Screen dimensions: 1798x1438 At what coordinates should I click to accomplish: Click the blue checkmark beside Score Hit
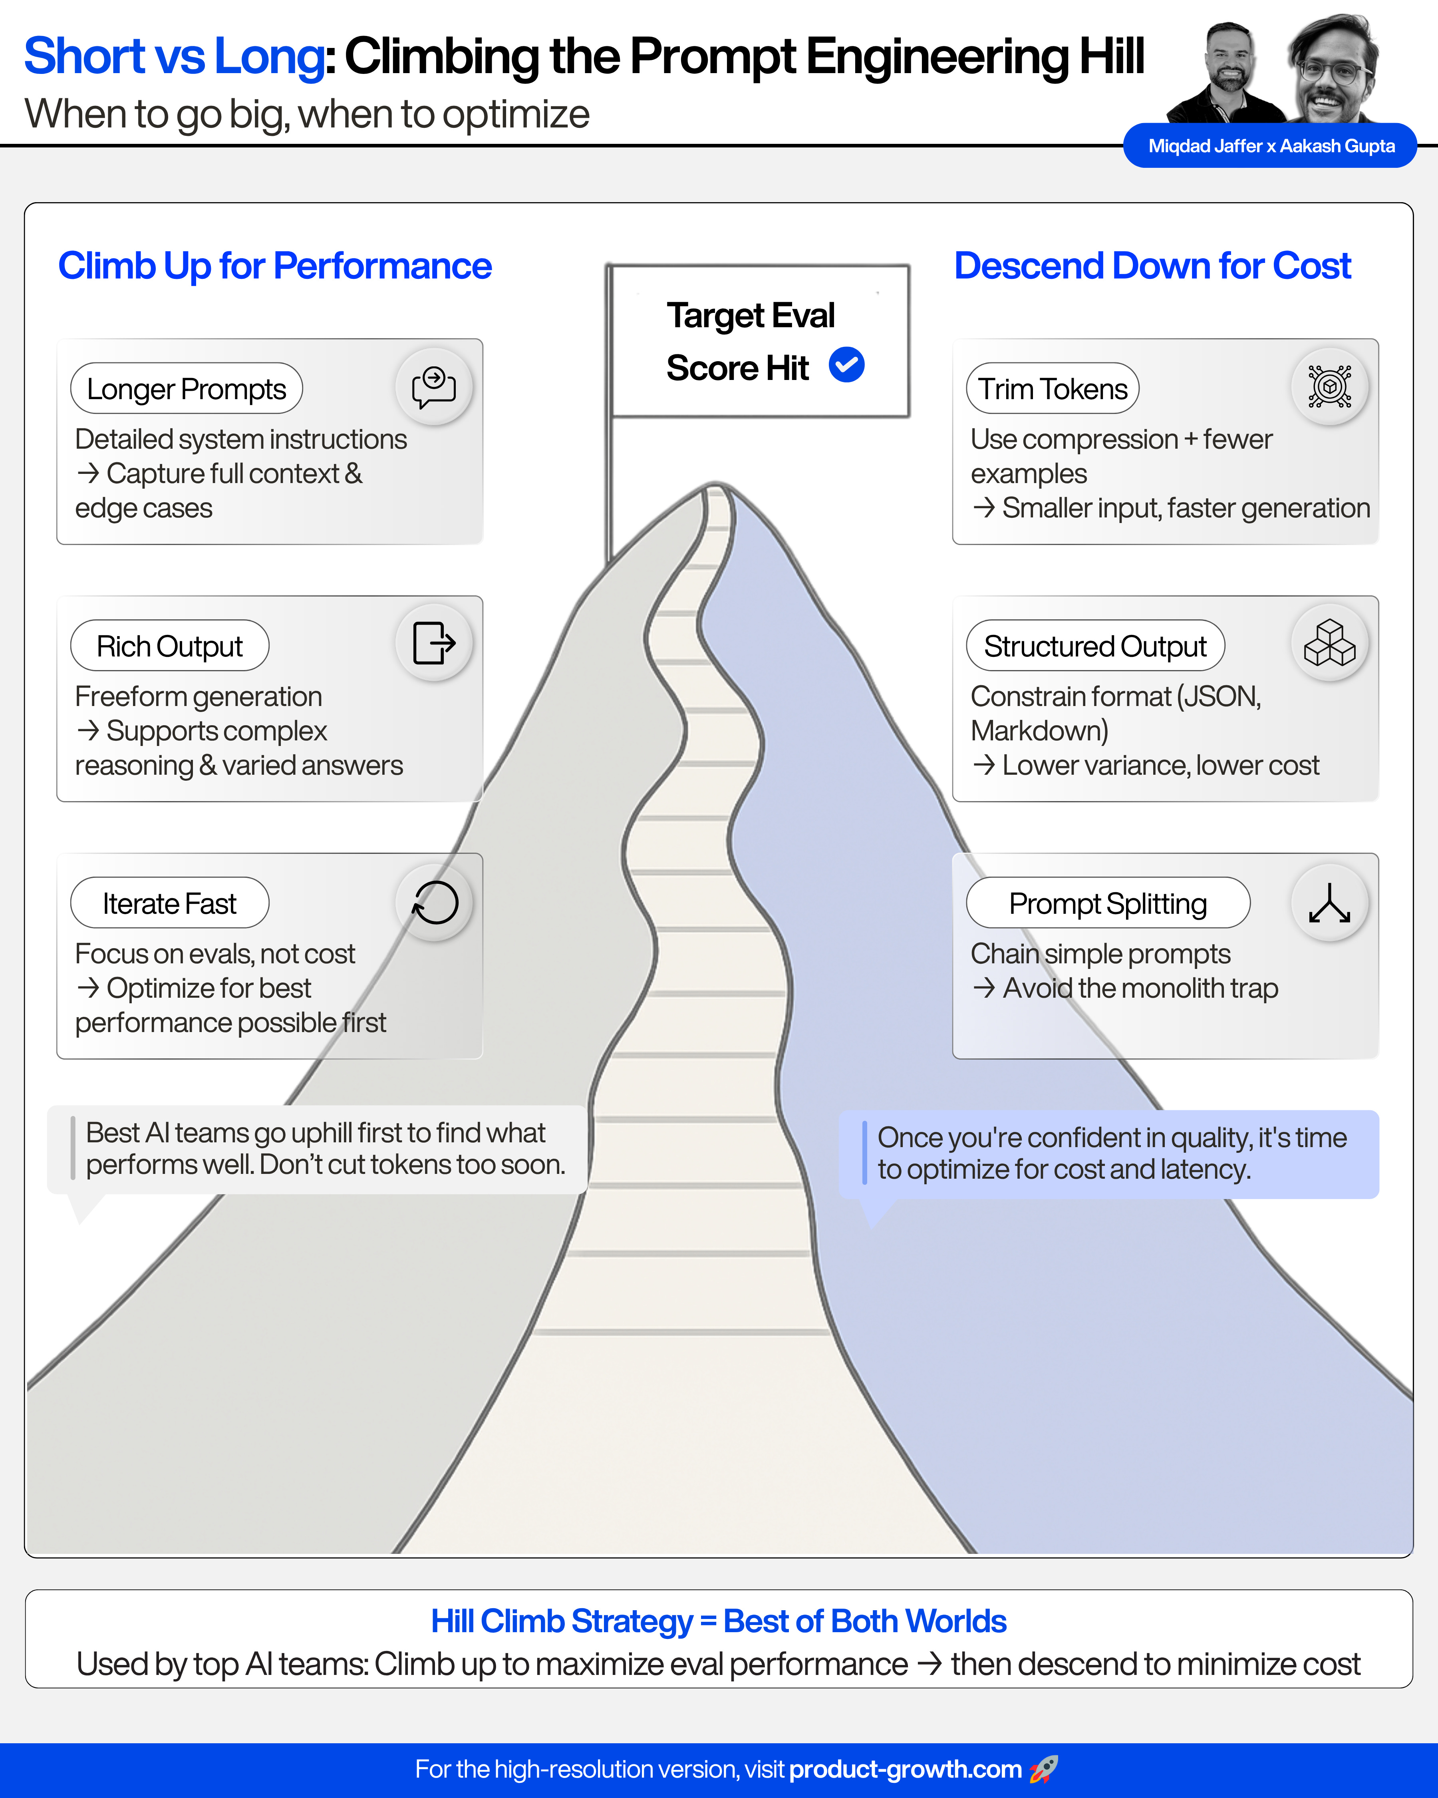point(846,365)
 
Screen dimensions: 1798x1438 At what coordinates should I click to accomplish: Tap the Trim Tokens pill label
point(1052,389)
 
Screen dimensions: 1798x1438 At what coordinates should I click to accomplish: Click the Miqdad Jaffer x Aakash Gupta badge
point(1271,146)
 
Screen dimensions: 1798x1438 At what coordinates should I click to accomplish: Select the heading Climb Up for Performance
point(275,266)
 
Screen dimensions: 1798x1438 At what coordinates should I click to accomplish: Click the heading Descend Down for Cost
point(1152,266)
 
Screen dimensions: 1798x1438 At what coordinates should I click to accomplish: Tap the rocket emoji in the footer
point(1043,1769)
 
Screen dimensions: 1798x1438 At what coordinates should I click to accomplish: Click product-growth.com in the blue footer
point(904,1769)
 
